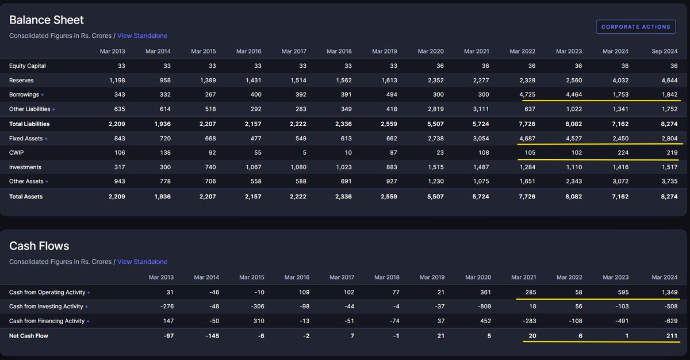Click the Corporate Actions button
(635, 26)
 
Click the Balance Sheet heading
(47, 20)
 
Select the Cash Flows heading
(39, 246)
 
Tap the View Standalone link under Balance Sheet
(142, 36)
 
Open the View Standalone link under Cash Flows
(142, 262)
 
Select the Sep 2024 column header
(665, 51)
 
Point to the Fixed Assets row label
(26, 139)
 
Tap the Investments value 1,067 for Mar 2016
(252, 167)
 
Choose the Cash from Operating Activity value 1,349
(668, 292)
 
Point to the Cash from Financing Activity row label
(47, 321)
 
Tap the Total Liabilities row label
(29, 124)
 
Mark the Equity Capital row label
(27, 66)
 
